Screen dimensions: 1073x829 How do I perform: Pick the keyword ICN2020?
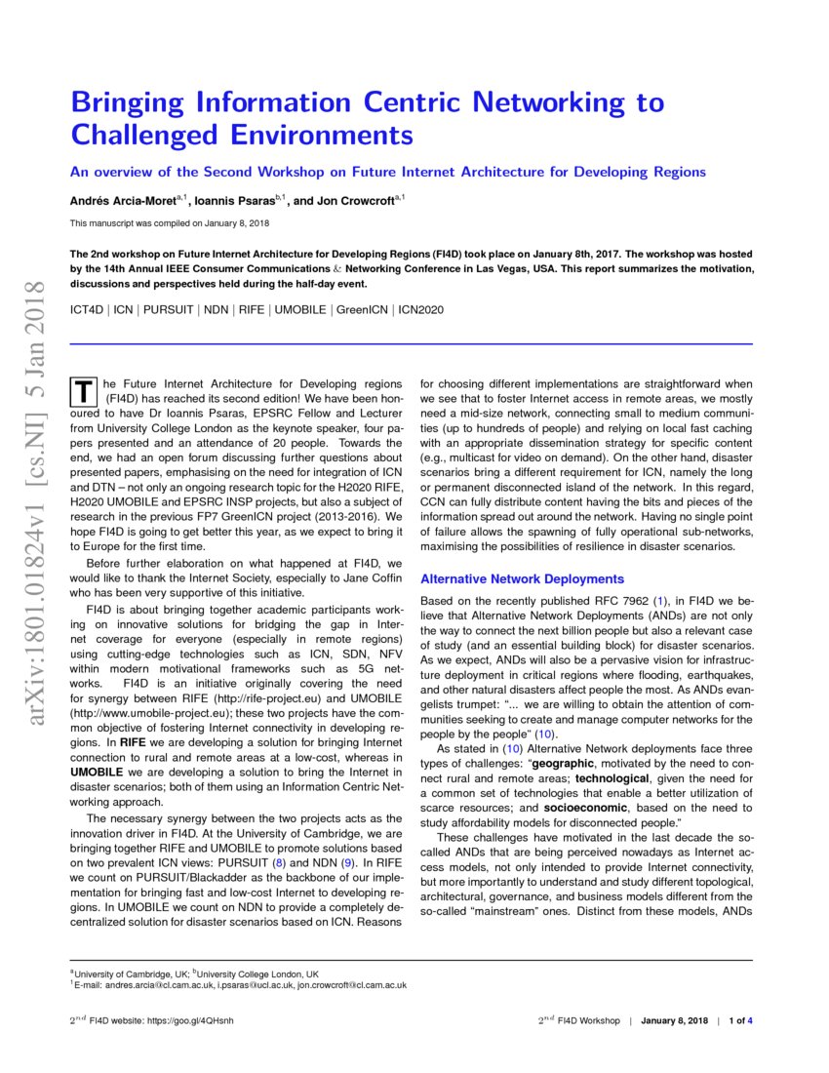click(420, 309)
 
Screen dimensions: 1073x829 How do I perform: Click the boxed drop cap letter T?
click(84, 392)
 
